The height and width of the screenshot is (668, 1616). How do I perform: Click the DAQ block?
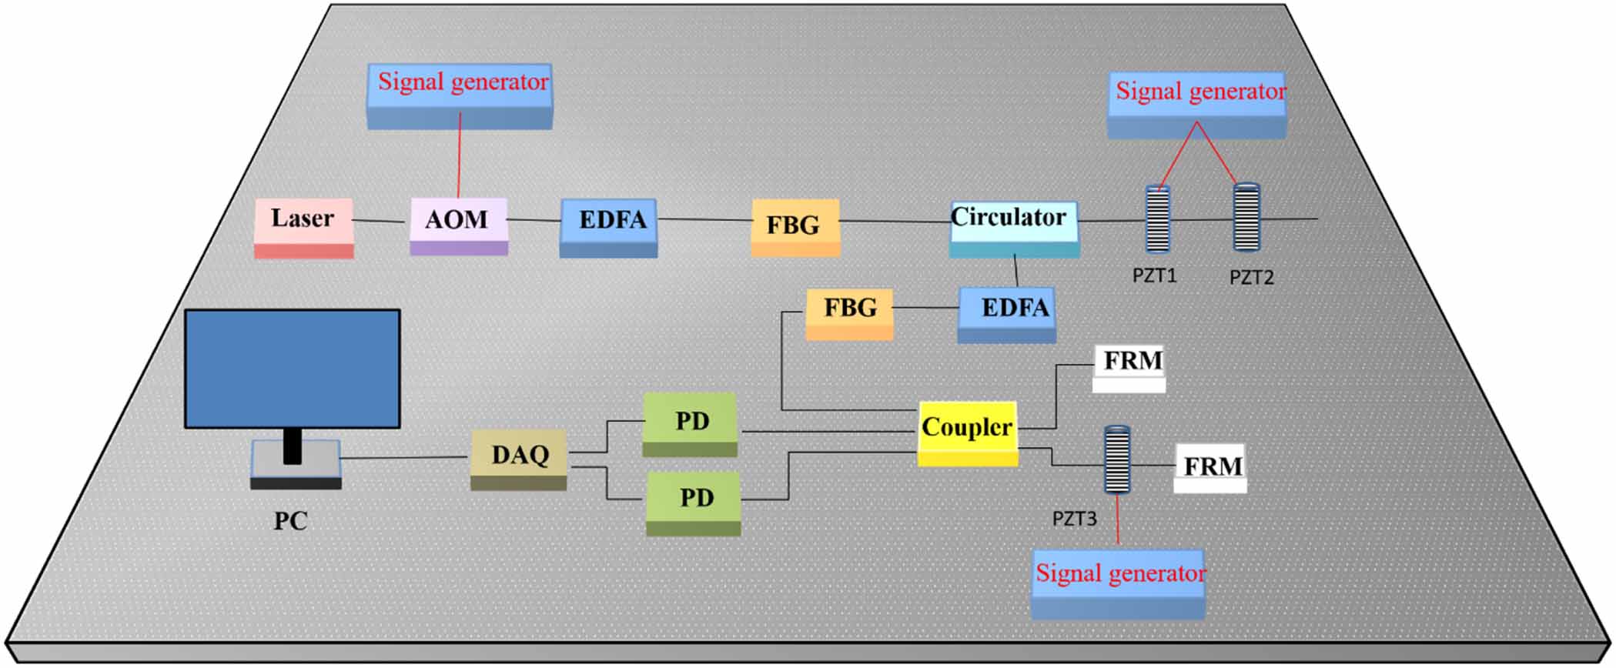(x=519, y=459)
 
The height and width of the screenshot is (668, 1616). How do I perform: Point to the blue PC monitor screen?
(x=292, y=368)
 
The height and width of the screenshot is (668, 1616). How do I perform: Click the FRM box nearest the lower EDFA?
(x=1129, y=366)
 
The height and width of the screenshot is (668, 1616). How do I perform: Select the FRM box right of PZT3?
(x=1209, y=468)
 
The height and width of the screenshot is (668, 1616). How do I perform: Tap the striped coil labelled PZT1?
(x=1157, y=220)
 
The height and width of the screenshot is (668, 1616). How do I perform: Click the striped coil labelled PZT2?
(x=1246, y=218)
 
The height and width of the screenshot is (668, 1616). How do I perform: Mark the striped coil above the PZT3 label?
(x=1116, y=460)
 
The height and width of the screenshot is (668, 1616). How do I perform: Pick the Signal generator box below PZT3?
(x=1118, y=583)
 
